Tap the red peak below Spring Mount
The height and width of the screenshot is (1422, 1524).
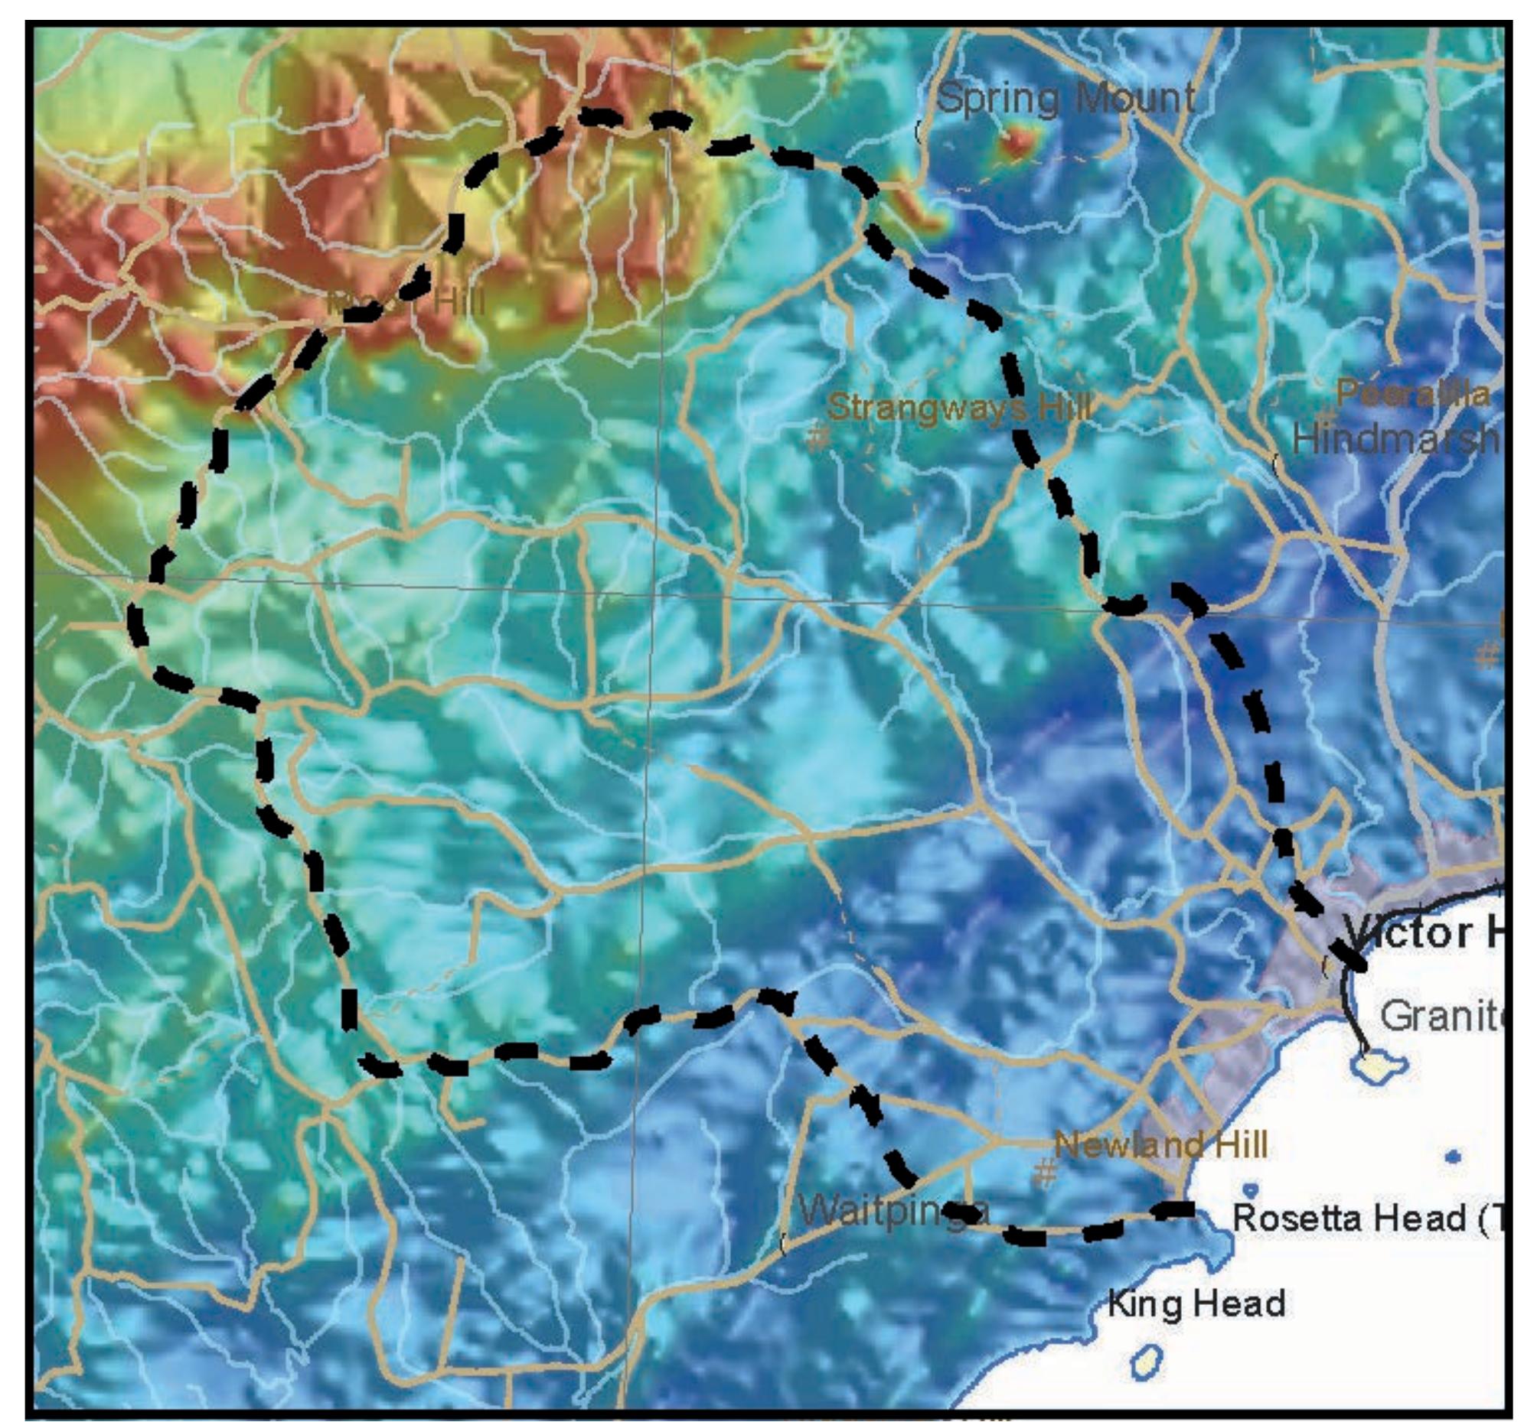[1019, 142]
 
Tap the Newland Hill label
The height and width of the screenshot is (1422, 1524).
[1160, 1145]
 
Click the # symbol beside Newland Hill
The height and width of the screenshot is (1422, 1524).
[1045, 1172]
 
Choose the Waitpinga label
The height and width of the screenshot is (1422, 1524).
[893, 1212]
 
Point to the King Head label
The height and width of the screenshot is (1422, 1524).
[1196, 1303]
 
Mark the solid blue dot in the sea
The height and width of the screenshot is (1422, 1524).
[1452, 1157]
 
